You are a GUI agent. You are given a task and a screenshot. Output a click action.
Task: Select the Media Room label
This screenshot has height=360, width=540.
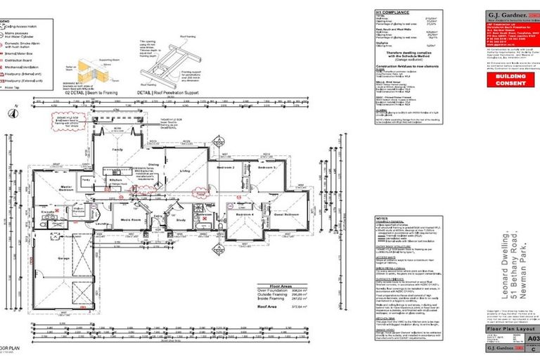132,220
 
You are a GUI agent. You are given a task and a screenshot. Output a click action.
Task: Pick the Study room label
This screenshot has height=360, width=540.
181,221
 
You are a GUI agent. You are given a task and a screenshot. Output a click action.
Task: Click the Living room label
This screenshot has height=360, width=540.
185,171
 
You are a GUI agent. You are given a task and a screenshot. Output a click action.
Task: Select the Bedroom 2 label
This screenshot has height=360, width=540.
225,168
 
